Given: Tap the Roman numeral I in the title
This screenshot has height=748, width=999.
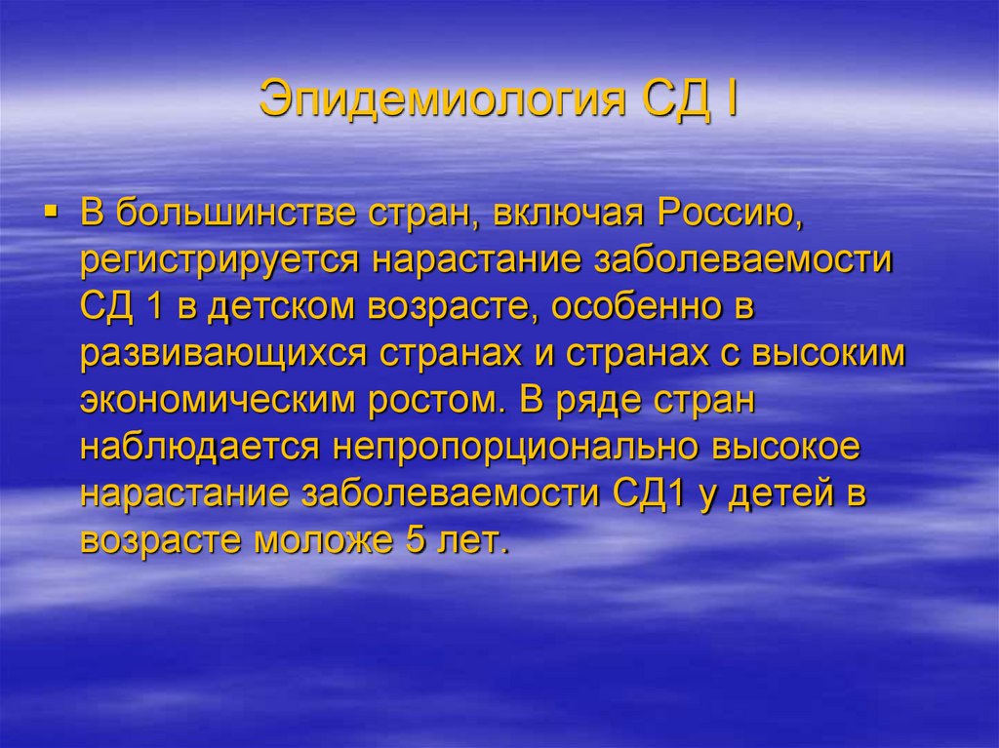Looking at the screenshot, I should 729,100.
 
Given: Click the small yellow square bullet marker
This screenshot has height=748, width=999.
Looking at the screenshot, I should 62,211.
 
